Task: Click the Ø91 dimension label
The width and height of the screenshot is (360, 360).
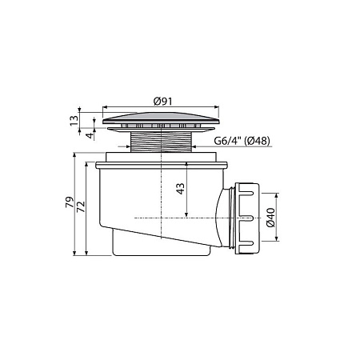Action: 163,102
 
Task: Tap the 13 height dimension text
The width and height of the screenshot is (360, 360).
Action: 74,121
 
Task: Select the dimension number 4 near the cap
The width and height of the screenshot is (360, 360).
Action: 90,135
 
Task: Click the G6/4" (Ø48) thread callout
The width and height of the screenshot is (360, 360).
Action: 242,141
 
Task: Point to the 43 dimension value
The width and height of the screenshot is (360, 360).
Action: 181,189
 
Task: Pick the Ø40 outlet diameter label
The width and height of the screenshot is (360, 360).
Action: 270,218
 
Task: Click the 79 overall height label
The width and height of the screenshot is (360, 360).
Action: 70,202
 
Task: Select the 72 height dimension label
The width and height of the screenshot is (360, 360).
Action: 81,206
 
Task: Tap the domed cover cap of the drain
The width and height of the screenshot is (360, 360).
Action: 161,118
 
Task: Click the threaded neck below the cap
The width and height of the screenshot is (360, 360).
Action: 161,142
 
